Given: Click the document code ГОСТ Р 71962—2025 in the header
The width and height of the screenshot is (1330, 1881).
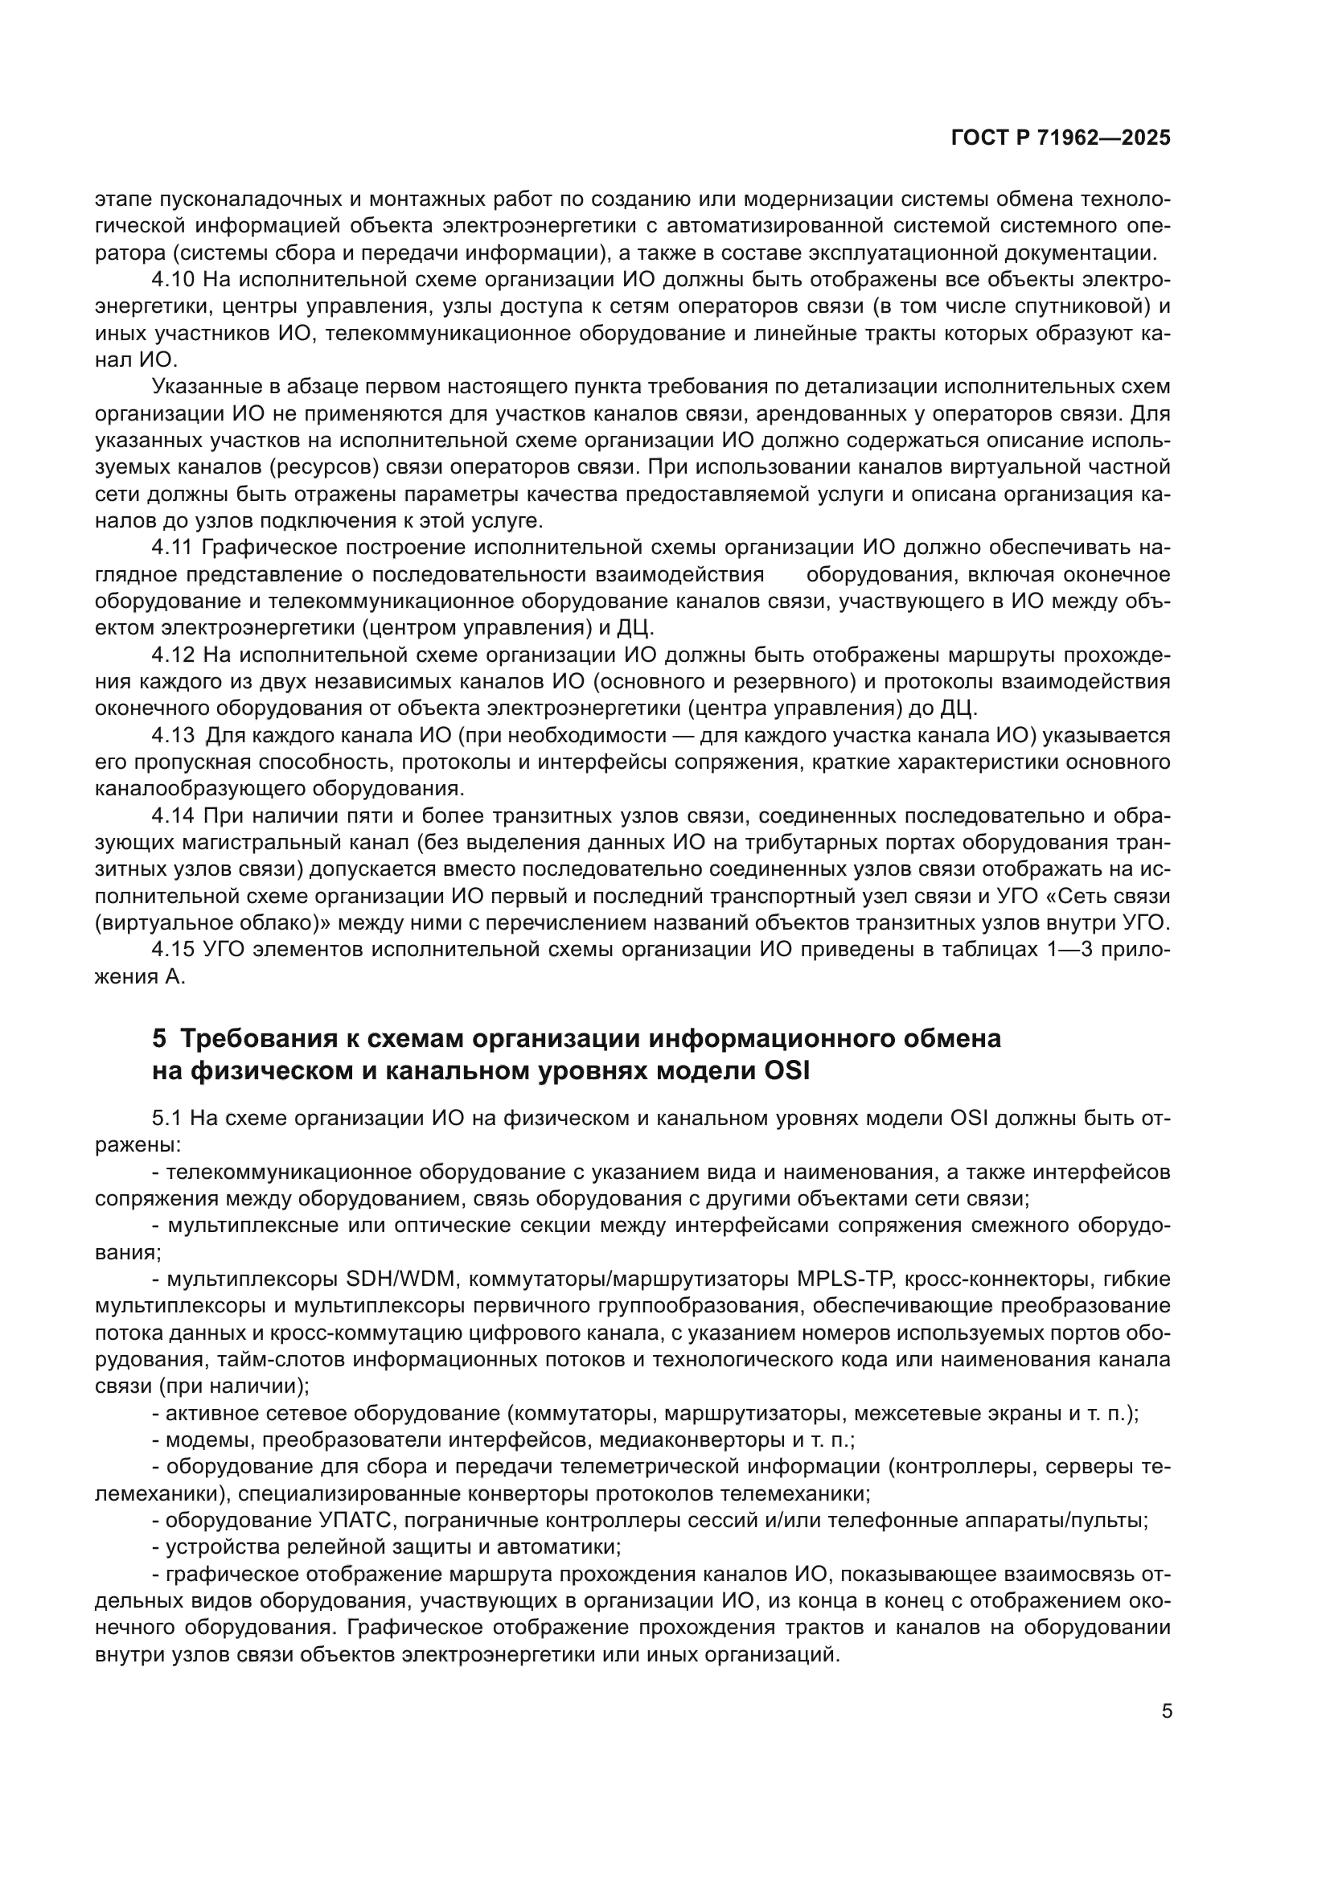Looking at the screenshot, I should tap(1061, 138).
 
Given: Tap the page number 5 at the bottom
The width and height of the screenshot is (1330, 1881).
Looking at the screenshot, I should tap(1167, 1711).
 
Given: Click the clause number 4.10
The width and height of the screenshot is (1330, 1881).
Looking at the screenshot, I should tap(172, 280).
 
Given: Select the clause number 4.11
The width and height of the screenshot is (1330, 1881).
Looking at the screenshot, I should tap(172, 548).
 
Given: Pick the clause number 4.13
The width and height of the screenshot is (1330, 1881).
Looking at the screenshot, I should tap(172, 736).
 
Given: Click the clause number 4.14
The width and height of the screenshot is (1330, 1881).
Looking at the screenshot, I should tap(172, 816).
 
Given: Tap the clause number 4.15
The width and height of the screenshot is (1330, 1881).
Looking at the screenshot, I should tap(172, 951).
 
